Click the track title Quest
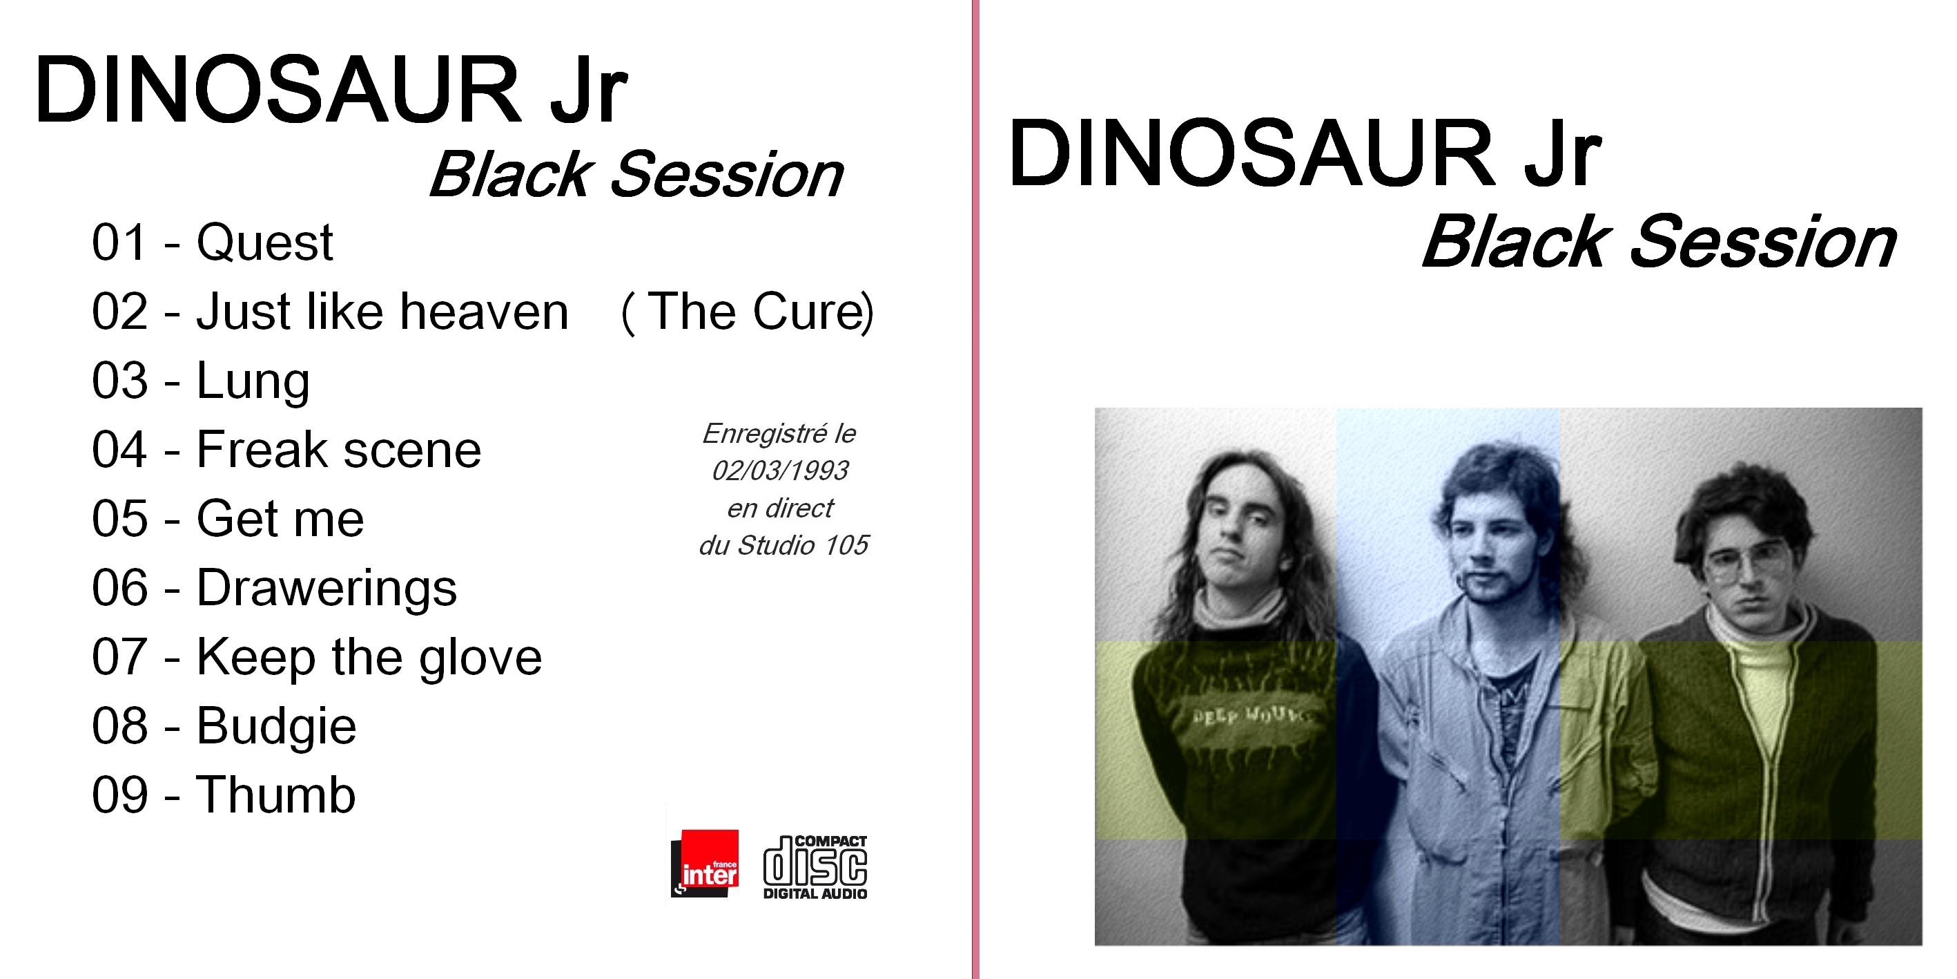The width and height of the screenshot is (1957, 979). click(x=265, y=243)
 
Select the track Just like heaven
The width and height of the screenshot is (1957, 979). click(x=383, y=312)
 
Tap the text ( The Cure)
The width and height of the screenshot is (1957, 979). click(x=748, y=312)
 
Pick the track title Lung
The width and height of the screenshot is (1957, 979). click(x=253, y=381)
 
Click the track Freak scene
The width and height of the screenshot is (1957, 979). click(x=339, y=450)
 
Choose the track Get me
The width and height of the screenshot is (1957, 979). click(x=280, y=519)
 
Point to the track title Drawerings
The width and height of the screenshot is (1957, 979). click(x=327, y=589)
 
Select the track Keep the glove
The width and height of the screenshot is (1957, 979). click(x=369, y=658)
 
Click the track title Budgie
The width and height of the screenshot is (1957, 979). click(x=277, y=727)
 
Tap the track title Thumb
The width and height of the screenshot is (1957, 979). click(x=275, y=795)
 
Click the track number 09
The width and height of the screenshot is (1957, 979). click(x=120, y=796)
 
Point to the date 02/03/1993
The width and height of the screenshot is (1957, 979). click(x=780, y=471)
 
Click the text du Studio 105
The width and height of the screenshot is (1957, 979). click(x=783, y=546)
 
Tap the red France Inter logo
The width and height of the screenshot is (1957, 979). click(x=705, y=864)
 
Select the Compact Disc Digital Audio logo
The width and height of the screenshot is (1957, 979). click(x=815, y=867)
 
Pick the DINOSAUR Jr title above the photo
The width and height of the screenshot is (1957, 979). click(x=1305, y=153)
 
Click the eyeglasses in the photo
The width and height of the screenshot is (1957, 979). click(x=1746, y=563)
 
